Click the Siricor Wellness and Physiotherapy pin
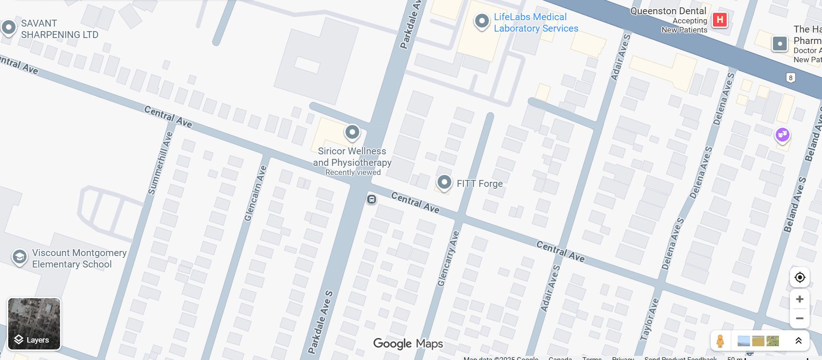tap(352, 133)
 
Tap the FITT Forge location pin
tap(444, 182)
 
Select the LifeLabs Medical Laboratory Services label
tap(536, 23)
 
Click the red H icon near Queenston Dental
tap(720, 20)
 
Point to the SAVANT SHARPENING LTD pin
tap(9, 27)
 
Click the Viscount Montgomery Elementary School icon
tap(19, 257)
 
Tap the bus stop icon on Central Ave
tap(372, 199)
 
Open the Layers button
tap(34, 324)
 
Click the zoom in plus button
tap(800, 299)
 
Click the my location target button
tap(800, 277)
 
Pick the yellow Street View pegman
tap(720, 341)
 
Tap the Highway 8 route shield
tap(790, 78)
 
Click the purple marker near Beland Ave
tap(782, 135)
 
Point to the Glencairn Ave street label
tap(255, 193)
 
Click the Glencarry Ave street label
tap(448, 258)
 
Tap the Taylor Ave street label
tap(649, 319)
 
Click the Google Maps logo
tap(408, 344)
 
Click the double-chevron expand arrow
tap(798, 340)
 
